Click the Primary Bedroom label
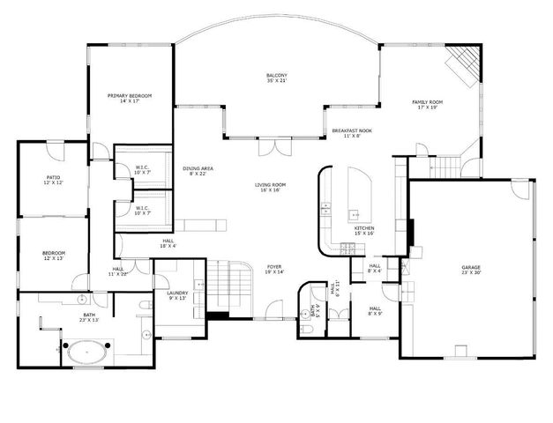[130, 95]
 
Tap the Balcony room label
[277, 76]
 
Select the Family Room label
[428, 102]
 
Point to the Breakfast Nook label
[352, 130]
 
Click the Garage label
[471, 266]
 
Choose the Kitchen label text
[364, 228]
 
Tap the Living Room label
[270, 184]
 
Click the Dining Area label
[198, 167]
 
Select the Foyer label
[274, 266]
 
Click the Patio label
[53, 177]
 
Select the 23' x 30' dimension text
[471, 272]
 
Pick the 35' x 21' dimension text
[277, 82]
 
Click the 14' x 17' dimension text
[130, 101]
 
